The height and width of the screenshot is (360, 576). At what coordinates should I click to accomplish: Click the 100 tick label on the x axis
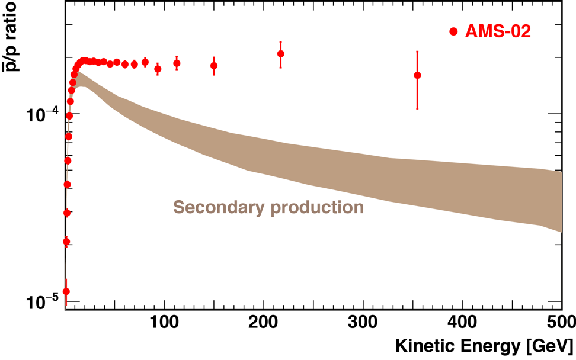(164, 323)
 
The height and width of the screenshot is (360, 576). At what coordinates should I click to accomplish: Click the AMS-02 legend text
(498, 31)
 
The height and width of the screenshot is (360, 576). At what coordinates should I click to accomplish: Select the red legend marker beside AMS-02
(454, 32)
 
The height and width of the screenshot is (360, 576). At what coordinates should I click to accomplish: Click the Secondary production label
(268, 207)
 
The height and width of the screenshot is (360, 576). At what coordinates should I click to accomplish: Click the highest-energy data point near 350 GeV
(418, 75)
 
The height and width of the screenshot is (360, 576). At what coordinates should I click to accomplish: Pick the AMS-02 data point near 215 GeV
(281, 54)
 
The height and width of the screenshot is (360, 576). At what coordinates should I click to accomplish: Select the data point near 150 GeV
(214, 66)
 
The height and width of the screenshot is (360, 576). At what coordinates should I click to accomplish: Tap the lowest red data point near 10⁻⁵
(66, 291)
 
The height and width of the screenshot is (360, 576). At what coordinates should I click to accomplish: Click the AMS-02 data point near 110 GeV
(177, 63)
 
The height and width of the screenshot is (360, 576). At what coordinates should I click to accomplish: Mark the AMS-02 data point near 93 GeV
(158, 69)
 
